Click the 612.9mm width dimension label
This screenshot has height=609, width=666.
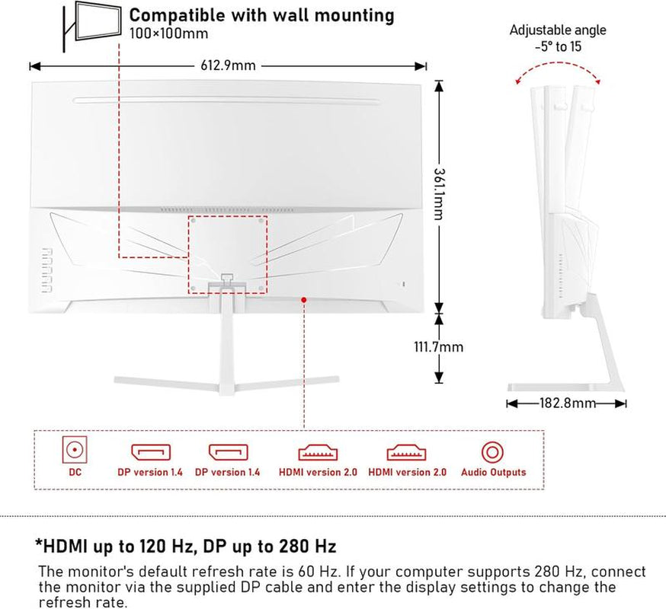[228, 65]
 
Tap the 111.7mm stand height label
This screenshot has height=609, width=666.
[439, 347]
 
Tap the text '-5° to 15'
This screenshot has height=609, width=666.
[558, 45]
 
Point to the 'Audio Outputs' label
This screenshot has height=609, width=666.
[493, 472]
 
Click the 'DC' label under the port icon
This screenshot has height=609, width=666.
[74, 472]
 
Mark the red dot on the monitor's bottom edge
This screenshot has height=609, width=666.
[304, 300]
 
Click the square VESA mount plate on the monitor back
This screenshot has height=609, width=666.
[229, 253]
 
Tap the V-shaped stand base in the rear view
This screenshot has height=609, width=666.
[226, 378]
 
